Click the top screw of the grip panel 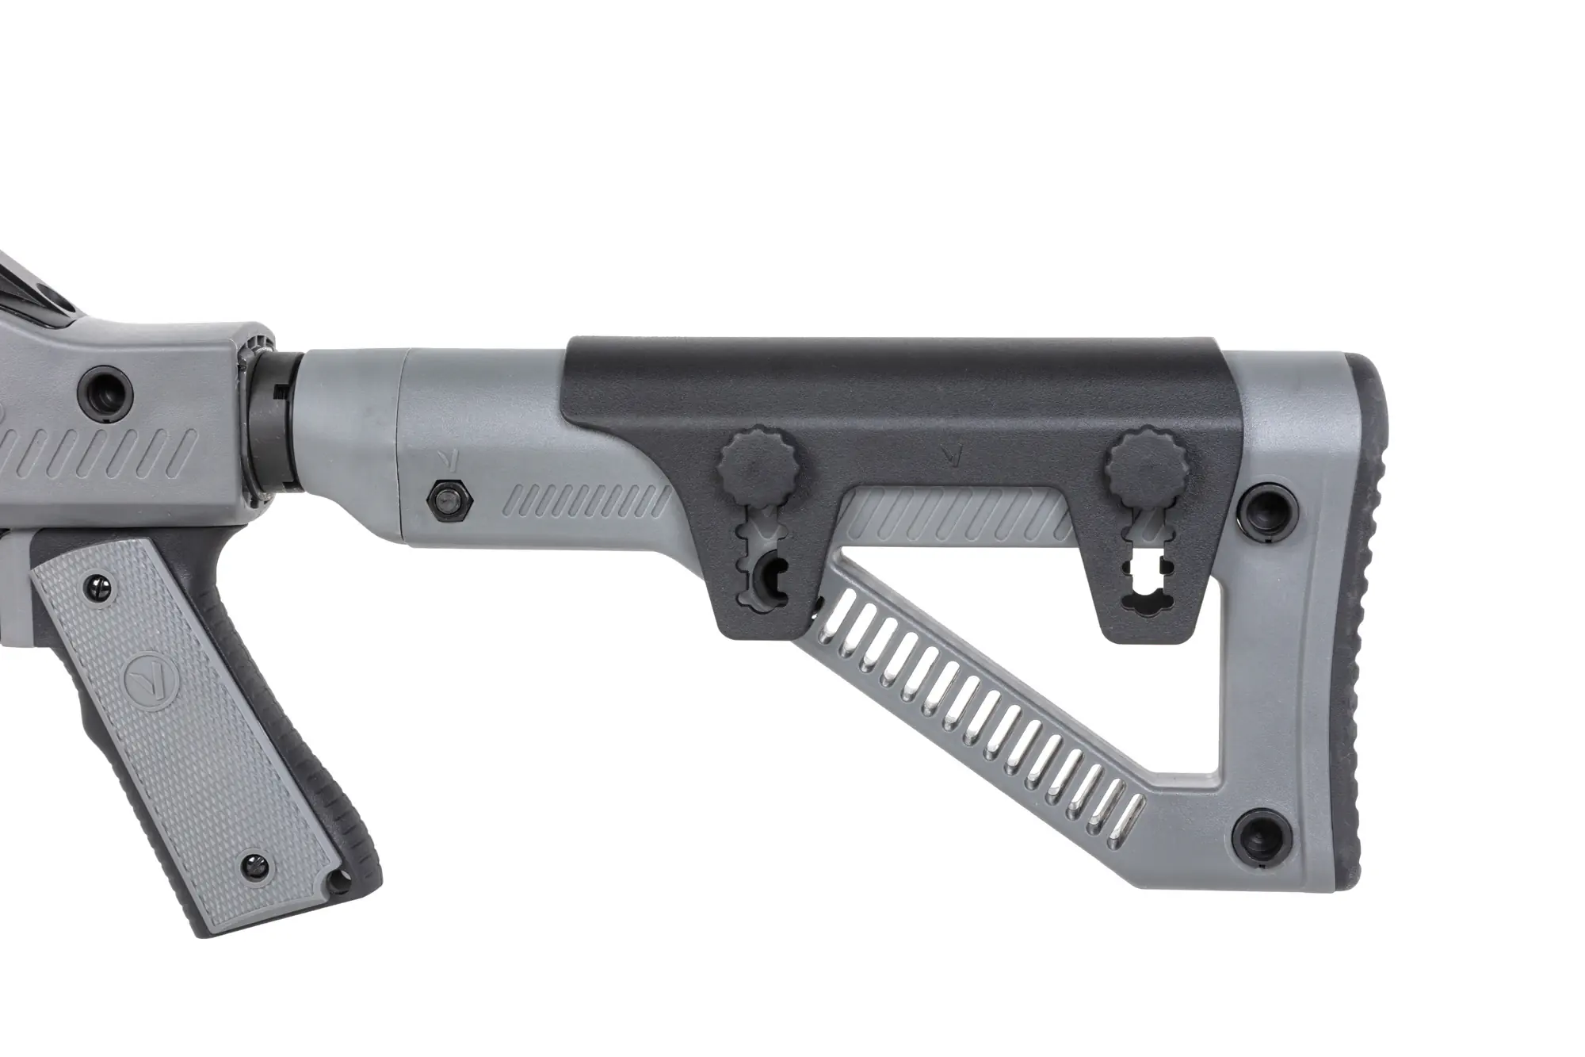(x=101, y=584)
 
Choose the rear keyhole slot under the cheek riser (x=1146, y=567)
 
